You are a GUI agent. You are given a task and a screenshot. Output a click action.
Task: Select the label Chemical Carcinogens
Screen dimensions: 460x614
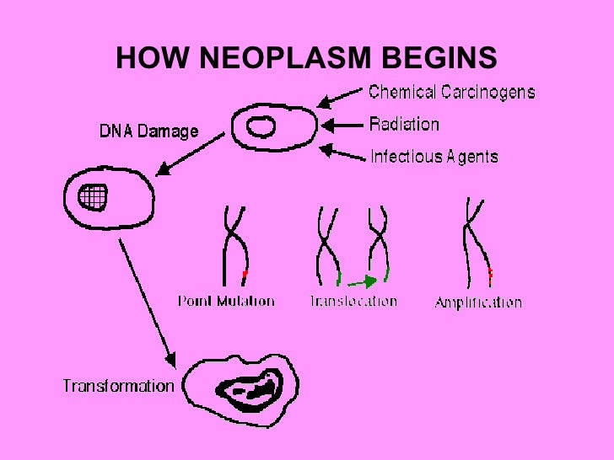tap(452, 92)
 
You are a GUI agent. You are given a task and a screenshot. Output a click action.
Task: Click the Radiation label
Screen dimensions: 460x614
tap(405, 125)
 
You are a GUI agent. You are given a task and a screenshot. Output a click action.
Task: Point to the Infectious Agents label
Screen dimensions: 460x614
tap(434, 157)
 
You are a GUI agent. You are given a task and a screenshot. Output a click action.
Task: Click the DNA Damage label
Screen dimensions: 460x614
tap(148, 131)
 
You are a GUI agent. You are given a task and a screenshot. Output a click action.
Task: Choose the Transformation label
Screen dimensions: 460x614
tap(118, 387)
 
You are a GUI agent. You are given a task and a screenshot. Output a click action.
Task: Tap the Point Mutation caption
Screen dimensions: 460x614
tap(226, 301)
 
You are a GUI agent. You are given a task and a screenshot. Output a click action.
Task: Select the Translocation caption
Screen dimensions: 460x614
tap(353, 301)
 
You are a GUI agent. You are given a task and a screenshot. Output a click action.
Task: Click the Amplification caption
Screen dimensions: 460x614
tap(478, 302)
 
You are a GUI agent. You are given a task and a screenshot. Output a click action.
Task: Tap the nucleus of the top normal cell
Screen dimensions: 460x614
tap(260, 127)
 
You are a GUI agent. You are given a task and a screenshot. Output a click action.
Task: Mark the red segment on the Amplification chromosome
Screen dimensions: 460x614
tap(490, 273)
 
